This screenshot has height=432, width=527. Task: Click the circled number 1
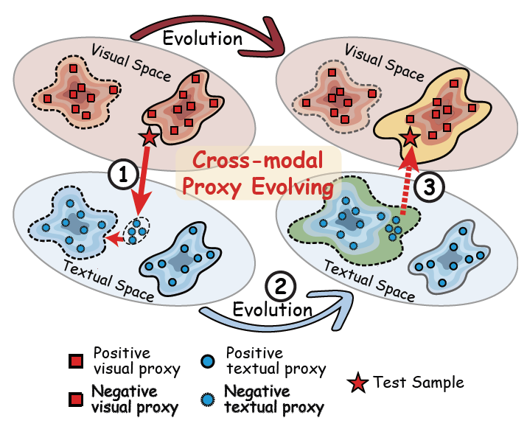tap(122, 175)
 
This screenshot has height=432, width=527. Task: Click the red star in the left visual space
tap(149, 136)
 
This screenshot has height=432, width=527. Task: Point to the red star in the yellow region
tap(411, 137)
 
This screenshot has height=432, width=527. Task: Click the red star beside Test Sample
tap(358, 383)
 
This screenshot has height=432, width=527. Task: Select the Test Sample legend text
tap(419, 382)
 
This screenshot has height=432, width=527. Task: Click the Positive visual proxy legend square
tap(74, 360)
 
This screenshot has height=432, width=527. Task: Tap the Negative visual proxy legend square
tap(74, 400)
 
